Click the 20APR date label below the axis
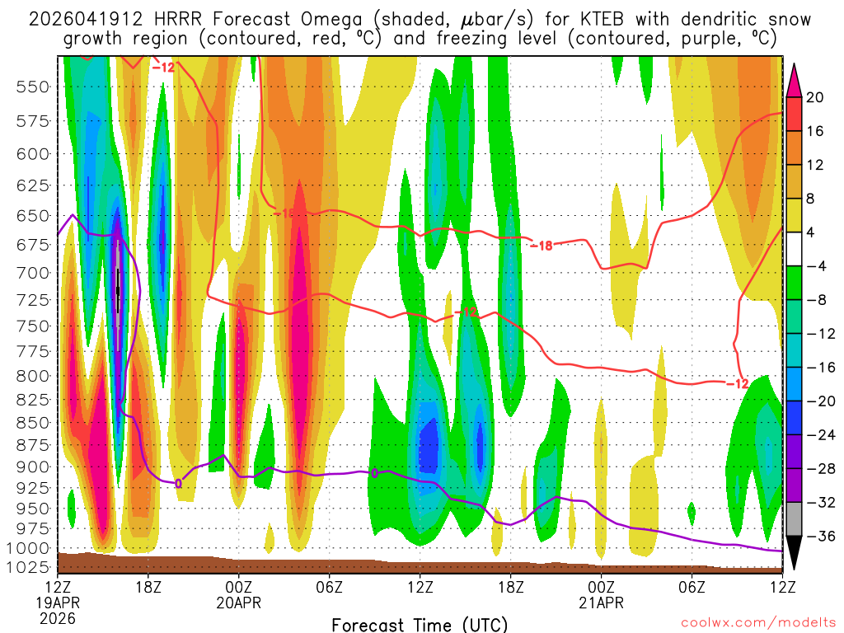point(239,603)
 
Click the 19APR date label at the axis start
point(58,603)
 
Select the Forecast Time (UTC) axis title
point(420,624)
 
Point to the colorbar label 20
point(814,97)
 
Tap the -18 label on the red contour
point(541,245)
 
